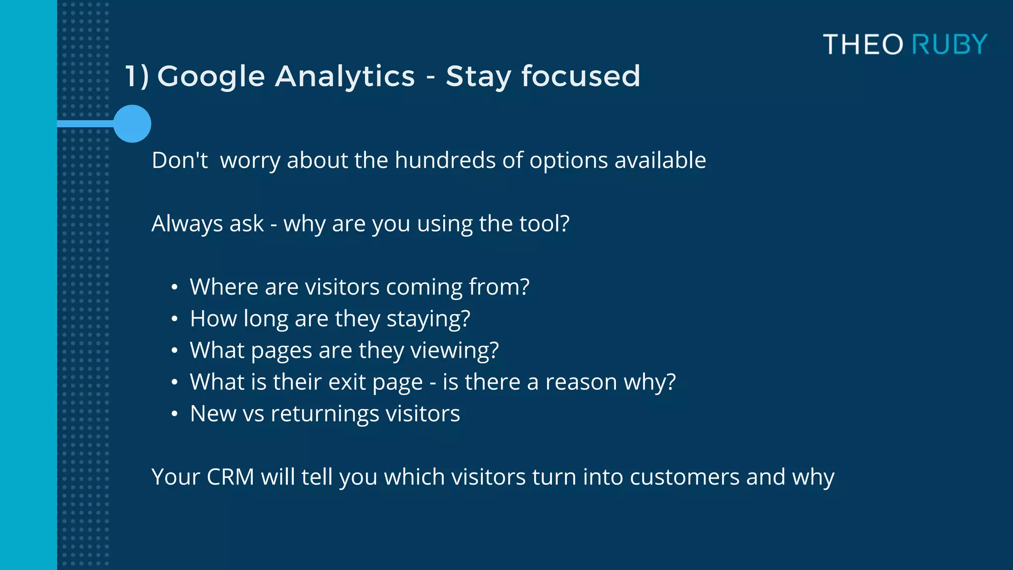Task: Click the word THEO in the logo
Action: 864,45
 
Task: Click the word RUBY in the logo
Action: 949,45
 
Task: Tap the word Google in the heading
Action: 211,77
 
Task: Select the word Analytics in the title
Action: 345,77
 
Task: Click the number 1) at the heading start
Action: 137,77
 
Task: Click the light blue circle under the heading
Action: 132,124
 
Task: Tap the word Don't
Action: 180,160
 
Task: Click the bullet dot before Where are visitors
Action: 174,287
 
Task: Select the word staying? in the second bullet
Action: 428,319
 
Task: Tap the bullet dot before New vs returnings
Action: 174,414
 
